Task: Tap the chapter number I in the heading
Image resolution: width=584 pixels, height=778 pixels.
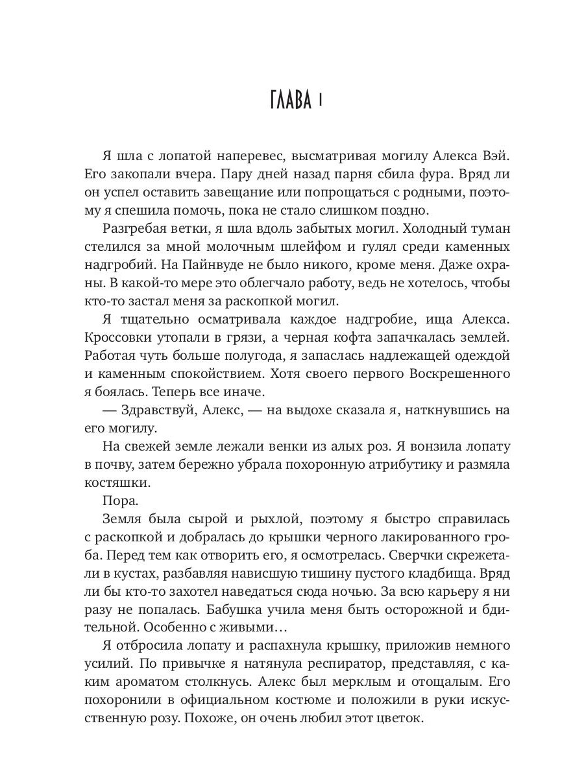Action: [321, 102]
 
